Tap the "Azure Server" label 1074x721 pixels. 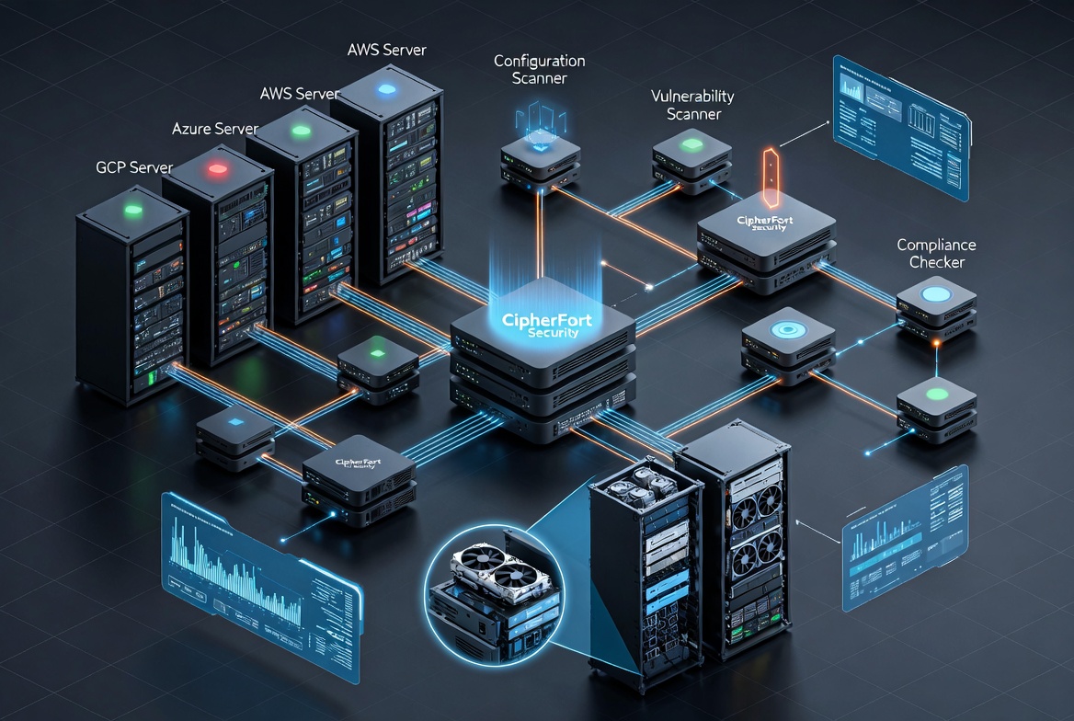(x=214, y=128)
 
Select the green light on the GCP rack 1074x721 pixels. (x=134, y=211)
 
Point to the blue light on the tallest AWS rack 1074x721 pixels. (x=385, y=89)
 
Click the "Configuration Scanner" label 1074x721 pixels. (x=539, y=70)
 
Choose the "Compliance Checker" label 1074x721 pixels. (x=936, y=254)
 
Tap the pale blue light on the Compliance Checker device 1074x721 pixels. (x=936, y=294)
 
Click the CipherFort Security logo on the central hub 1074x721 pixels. (x=541, y=326)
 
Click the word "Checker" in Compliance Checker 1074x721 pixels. (x=936, y=263)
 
